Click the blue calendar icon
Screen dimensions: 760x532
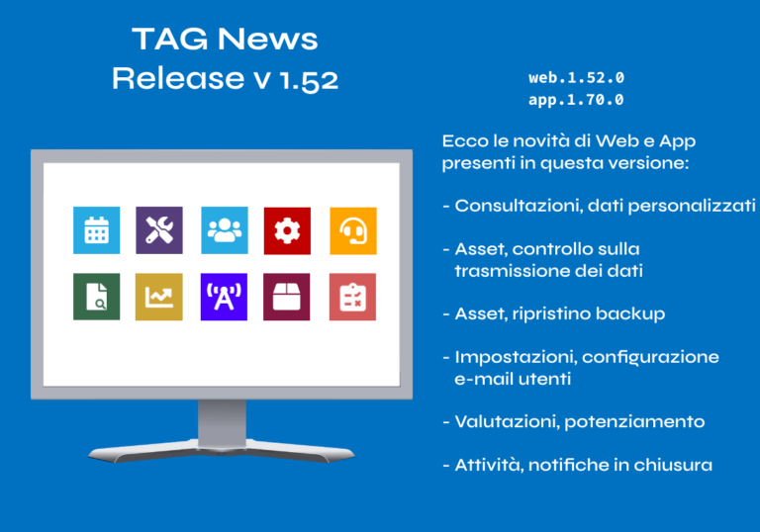[x=96, y=230]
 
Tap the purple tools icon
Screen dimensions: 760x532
[x=159, y=230]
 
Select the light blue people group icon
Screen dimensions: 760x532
[x=225, y=230]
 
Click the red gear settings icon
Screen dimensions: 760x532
[x=287, y=230]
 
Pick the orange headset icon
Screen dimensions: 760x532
[x=353, y=230]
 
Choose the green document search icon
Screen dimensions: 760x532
[x=96, y=297]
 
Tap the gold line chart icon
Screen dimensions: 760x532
[x=159, y=297]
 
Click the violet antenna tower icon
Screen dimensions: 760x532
[x=224, y=297]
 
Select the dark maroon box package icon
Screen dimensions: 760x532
[x=286, y=297]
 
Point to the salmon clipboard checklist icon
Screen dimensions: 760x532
[x=352, y=297]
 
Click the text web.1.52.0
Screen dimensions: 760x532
[x=576, y=77]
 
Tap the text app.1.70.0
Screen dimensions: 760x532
[x=576, y=100]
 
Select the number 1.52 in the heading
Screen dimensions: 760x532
[x=309, y=80]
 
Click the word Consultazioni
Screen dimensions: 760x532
[x=519, y=206]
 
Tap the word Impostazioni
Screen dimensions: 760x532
[x=516, y=358]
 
